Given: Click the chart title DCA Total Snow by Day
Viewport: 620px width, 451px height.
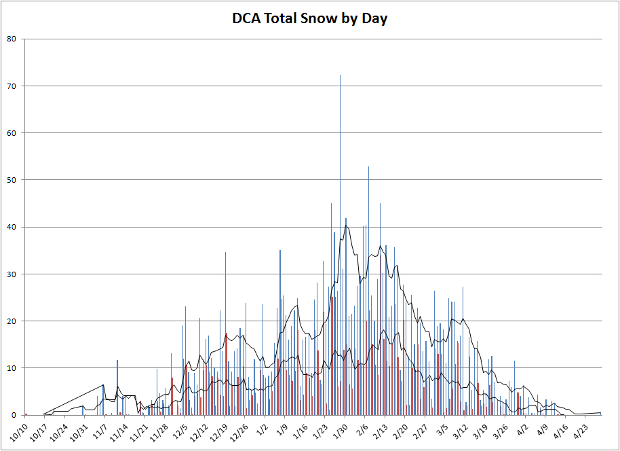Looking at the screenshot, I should pyautogui.click(x=309, y=18).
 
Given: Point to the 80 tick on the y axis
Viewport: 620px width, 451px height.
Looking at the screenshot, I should pyautogui.click(x=12, y=39).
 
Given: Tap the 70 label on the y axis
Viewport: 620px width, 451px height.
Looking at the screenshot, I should pyautogui.click(x=12, y=86).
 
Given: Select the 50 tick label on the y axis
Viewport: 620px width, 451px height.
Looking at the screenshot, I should pyautogui.click(x=12, y=180).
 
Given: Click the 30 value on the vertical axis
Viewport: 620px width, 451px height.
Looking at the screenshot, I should pyautogui.click(x=12, y=274).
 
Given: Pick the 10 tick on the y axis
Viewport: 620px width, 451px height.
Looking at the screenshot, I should pyautogui.click(x=12, y=368).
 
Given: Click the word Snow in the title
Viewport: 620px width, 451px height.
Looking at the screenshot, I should pyautogui.click(x=317, y=18).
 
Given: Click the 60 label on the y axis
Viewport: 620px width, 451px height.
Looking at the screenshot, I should pyautogui.click(x=12, y=133).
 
